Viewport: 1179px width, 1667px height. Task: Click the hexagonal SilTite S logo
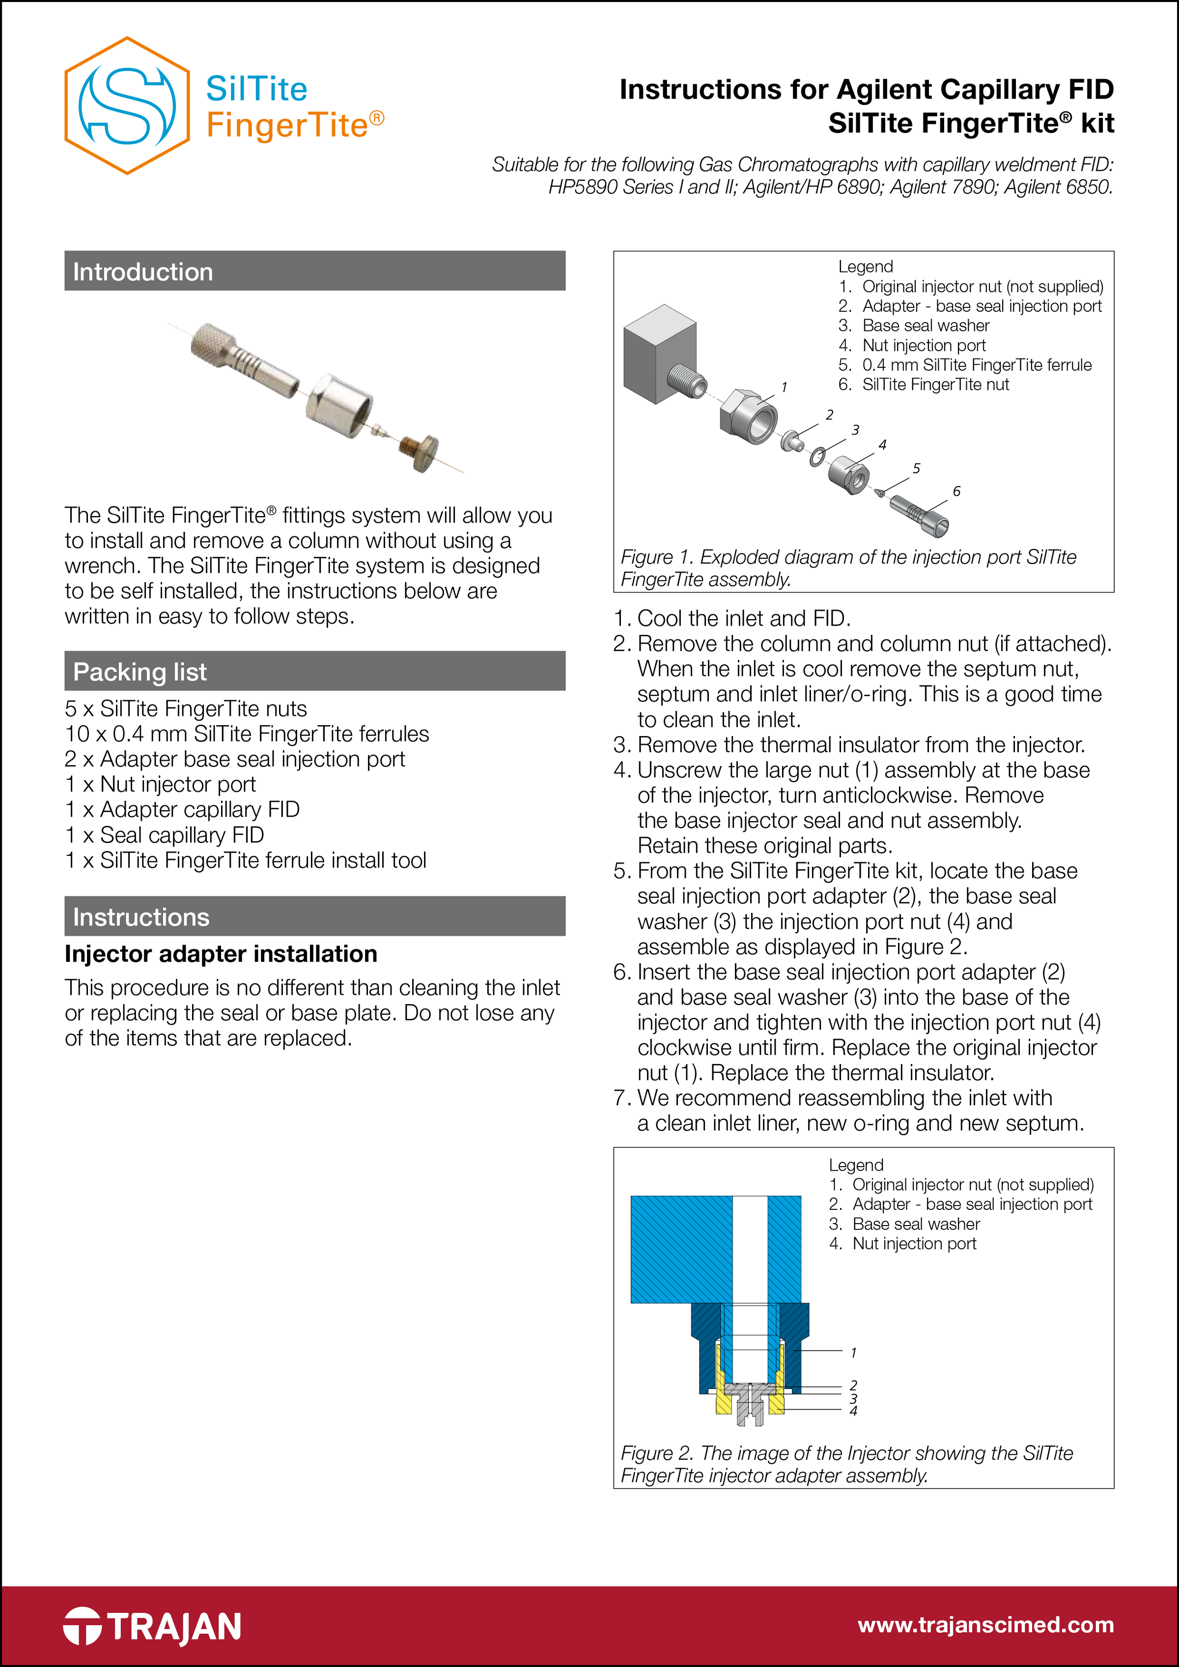(127, 106)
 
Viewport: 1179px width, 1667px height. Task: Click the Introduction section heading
(142, 272)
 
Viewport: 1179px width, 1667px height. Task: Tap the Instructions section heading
(141, 917)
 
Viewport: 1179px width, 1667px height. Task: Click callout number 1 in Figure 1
(784, 387)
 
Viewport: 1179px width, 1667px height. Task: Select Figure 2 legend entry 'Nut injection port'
(914, 1244)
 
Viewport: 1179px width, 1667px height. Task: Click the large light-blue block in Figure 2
(679, 1249)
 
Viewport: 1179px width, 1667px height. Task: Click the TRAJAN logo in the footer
(153, 1626)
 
